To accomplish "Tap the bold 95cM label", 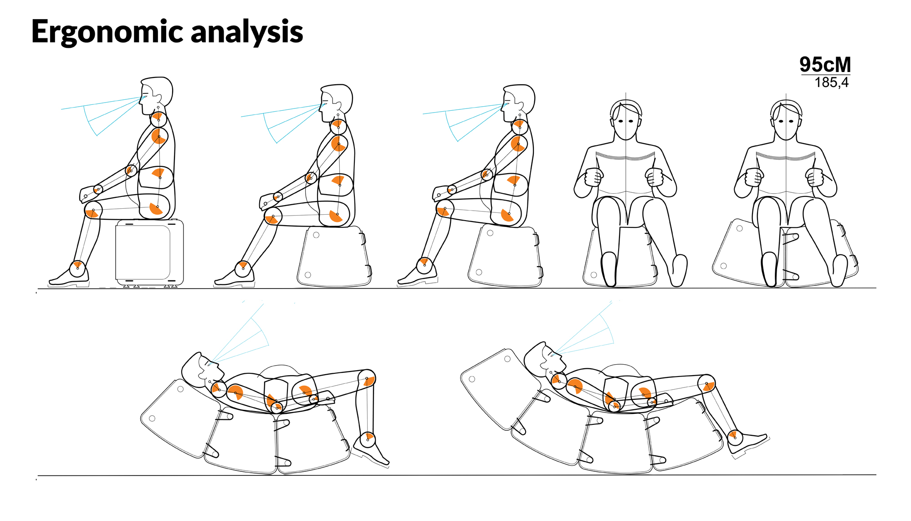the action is click(x=825, y=65).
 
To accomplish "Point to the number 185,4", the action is click(x=832, y=83).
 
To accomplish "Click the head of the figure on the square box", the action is click(x=156, y=95).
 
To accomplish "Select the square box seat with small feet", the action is click(x=149, y=253).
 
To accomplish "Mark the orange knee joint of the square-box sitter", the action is click(x=93, y=211).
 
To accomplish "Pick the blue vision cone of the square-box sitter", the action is click(x=102, y=114).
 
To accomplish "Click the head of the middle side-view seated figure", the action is click(x=336, y=103).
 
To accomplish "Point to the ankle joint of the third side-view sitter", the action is click(x=425, y=265).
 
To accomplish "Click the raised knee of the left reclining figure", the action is click(x=367, y=379).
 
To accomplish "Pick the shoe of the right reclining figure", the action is click(x=747, y=442).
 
